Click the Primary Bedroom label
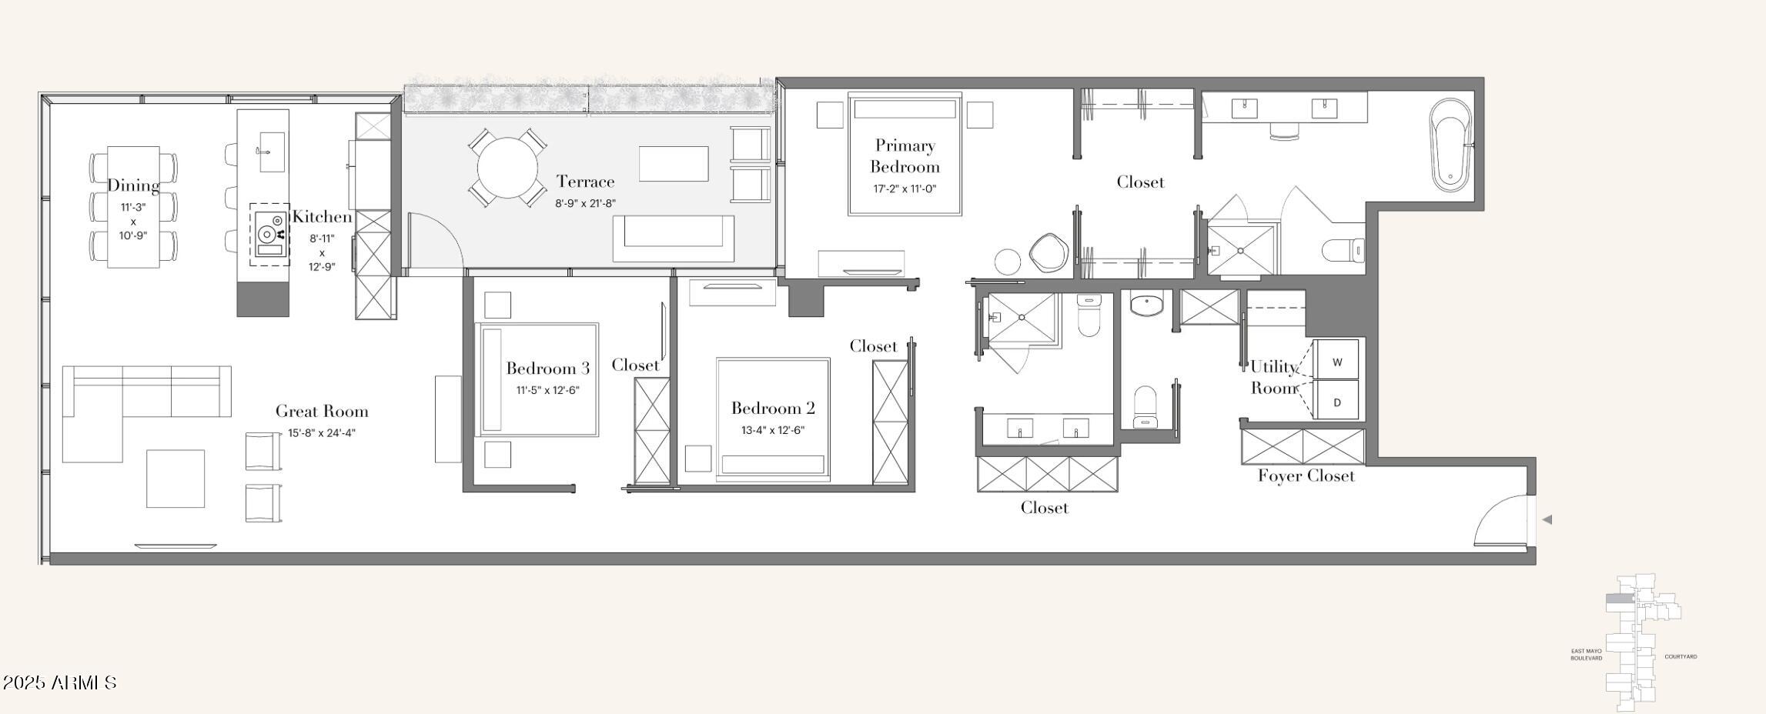905,156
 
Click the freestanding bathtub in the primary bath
1450,144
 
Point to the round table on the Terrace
507,167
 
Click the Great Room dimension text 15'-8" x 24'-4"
322,433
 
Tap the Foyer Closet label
1306,475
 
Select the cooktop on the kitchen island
269,234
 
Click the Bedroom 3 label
547,369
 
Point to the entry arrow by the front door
1547,520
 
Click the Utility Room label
1274,377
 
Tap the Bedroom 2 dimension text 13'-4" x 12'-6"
772,430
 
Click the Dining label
133,185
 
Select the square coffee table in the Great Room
176,479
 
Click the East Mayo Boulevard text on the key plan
1586,655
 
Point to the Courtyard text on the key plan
1681,656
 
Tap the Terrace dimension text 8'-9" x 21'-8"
585,204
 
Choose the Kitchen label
322,217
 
